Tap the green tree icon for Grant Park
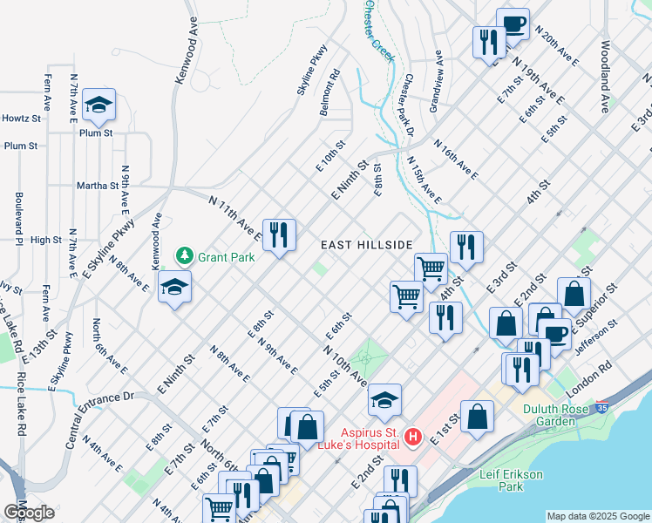tap(184, 256)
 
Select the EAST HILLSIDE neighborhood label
tap(365, 246)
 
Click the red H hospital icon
tap(414, 436)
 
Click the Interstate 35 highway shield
tap(603, 407)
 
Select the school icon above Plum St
tap(99, 106)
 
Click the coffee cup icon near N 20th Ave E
tap(513, 24)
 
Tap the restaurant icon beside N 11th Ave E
tap(279, 234)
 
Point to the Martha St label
tap(96, 186)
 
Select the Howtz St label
tap(22, 118)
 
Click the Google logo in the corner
tap(29, 513)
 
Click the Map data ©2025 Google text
tap(598, 516)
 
